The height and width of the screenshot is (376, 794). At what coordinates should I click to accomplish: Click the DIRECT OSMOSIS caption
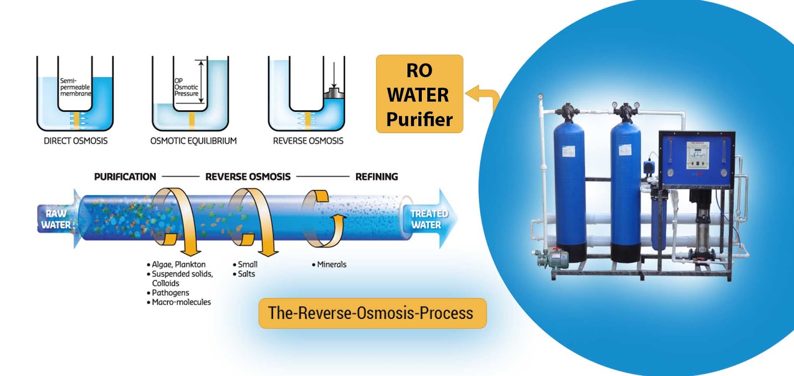tap(75, 141)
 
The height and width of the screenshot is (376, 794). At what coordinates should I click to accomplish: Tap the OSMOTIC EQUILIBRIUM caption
tap(193, 141)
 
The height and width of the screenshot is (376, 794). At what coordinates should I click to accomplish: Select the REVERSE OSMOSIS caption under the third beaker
tap(308, 141)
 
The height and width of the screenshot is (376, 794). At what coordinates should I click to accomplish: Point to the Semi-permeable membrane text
tap(75, 87)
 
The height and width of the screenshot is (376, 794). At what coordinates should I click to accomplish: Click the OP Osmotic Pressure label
tap(186, 87)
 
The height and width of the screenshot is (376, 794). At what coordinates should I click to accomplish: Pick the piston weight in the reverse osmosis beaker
tap(334, 93)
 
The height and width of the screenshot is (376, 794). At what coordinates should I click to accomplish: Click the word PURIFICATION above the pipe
tap(125, 177)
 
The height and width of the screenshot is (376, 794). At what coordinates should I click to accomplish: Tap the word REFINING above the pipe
tap(376, 177)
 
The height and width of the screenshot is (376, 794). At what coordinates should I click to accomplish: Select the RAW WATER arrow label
tap(56, 219)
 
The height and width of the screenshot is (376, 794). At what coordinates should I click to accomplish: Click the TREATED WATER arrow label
tap(428, 219)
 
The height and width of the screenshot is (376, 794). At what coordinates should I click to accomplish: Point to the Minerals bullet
tap(331, 265)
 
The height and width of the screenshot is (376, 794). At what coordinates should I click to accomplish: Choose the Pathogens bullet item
tap(170, 293)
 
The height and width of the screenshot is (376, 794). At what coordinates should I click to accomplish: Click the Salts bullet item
tap(246, 274)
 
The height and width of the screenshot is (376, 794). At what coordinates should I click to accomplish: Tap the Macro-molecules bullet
tap(181, 302)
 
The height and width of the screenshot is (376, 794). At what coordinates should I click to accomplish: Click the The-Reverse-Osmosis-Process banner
tap(372, 313)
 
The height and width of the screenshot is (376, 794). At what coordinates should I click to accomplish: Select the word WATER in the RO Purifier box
tap(418, 95)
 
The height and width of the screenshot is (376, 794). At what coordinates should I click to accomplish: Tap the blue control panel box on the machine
tap(696, 159)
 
